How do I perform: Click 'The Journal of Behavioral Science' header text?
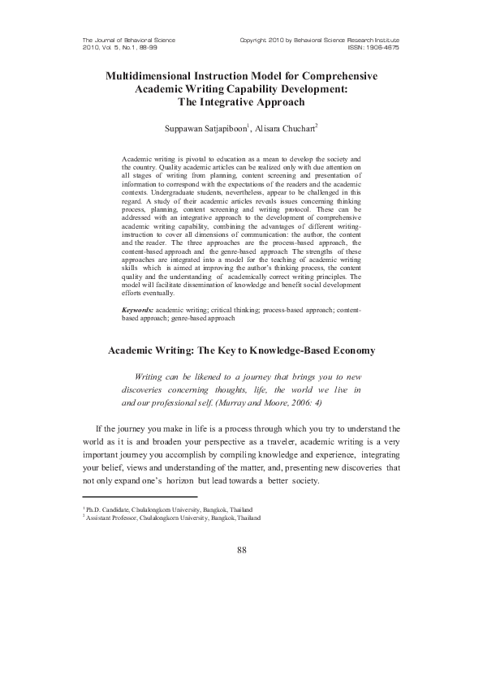tap(129, 40)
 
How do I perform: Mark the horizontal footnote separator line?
tap(140, 496)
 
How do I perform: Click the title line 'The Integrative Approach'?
tap(241, 102)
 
